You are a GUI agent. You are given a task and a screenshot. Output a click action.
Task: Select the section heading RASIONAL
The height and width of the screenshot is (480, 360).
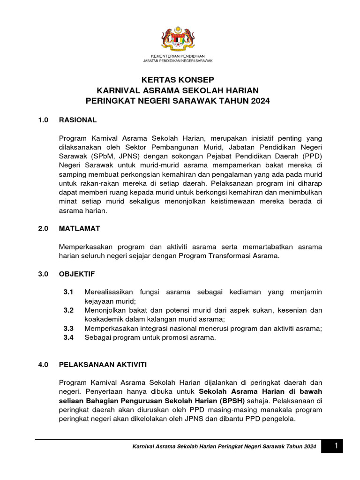(78, 120)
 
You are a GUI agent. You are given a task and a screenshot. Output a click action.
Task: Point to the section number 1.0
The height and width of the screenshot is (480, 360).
(44, 120)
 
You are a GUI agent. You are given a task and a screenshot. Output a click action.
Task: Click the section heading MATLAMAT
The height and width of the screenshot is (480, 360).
(79, 229)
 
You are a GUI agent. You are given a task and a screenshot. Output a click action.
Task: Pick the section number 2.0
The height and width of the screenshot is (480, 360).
(44, 229)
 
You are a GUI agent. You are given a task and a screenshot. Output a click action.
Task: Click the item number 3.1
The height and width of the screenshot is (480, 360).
(68, 292)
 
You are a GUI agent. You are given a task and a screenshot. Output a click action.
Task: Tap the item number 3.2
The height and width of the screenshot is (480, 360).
(68, 310)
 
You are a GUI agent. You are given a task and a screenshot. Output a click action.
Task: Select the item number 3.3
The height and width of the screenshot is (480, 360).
(68, 329)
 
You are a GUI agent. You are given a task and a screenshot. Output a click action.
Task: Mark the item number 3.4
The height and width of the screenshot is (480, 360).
(68, 337)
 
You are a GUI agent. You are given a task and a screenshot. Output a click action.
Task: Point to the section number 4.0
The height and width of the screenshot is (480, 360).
(44, 364)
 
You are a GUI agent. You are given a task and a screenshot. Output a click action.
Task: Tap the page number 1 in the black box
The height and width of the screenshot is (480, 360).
(336, 446)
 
